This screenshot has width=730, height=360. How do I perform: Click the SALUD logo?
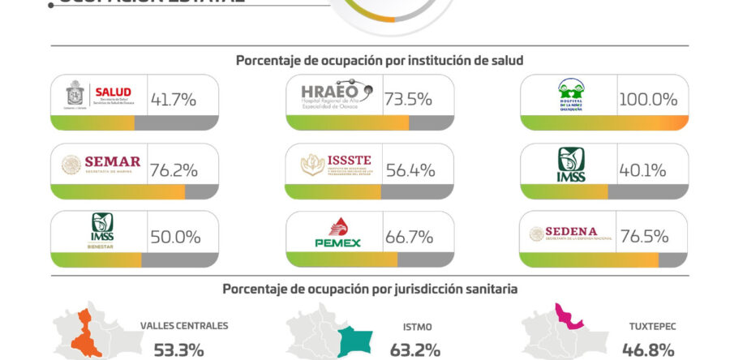(x=98, y=97)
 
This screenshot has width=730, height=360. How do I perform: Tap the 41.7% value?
(x=174, y=100)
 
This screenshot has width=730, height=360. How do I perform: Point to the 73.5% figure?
(x=409, y=100)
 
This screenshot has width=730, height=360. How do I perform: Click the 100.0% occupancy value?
(x=648, y=100)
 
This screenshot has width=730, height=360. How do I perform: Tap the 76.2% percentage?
(x=174, y=170)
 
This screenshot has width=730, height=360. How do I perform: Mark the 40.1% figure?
(x=644, y=170)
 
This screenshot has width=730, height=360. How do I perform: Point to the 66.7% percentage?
(x=409, y=237)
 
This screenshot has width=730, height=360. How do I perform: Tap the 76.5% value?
(x=645, y=237)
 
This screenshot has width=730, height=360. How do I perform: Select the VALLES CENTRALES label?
(x=184, y=326)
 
